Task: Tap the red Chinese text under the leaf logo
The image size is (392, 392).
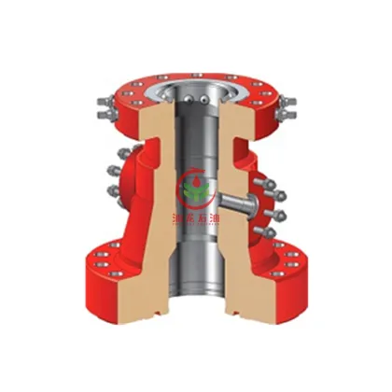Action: coord(195,220)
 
